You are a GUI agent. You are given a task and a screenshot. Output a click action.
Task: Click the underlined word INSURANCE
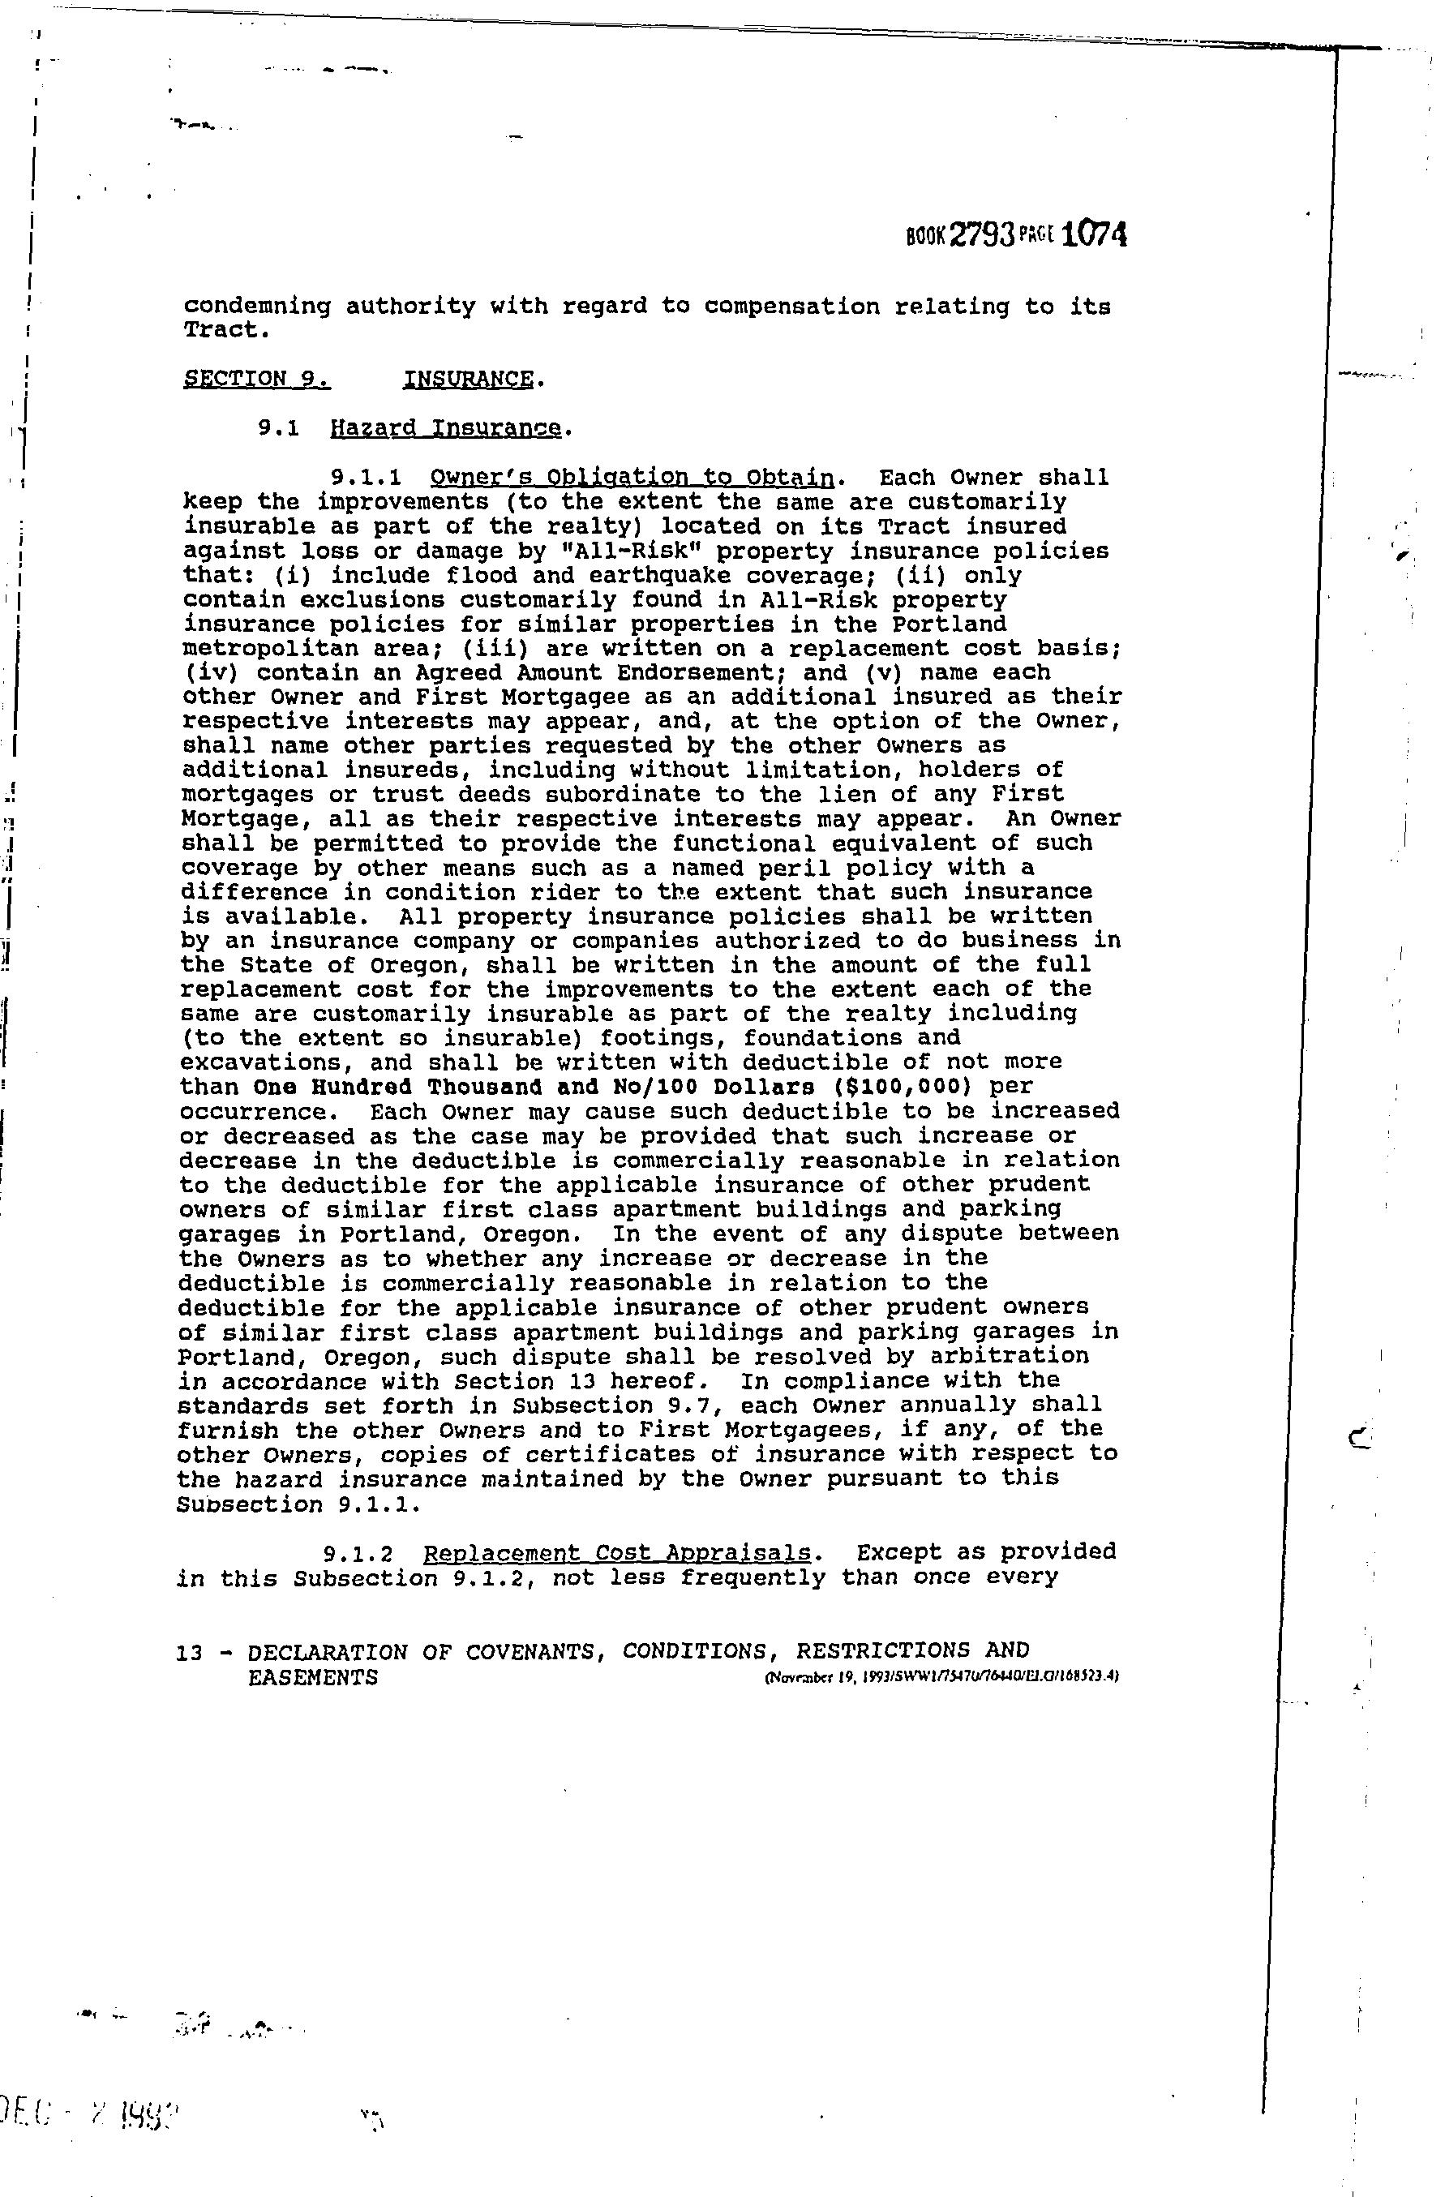[468, 379]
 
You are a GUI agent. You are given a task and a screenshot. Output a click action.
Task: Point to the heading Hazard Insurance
[444, 428]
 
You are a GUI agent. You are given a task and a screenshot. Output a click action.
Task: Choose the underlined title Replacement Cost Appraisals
[617, 1551]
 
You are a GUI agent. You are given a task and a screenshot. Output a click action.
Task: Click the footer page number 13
[188, 1650]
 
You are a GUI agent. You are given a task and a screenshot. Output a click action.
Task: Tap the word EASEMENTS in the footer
[313, 1677]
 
